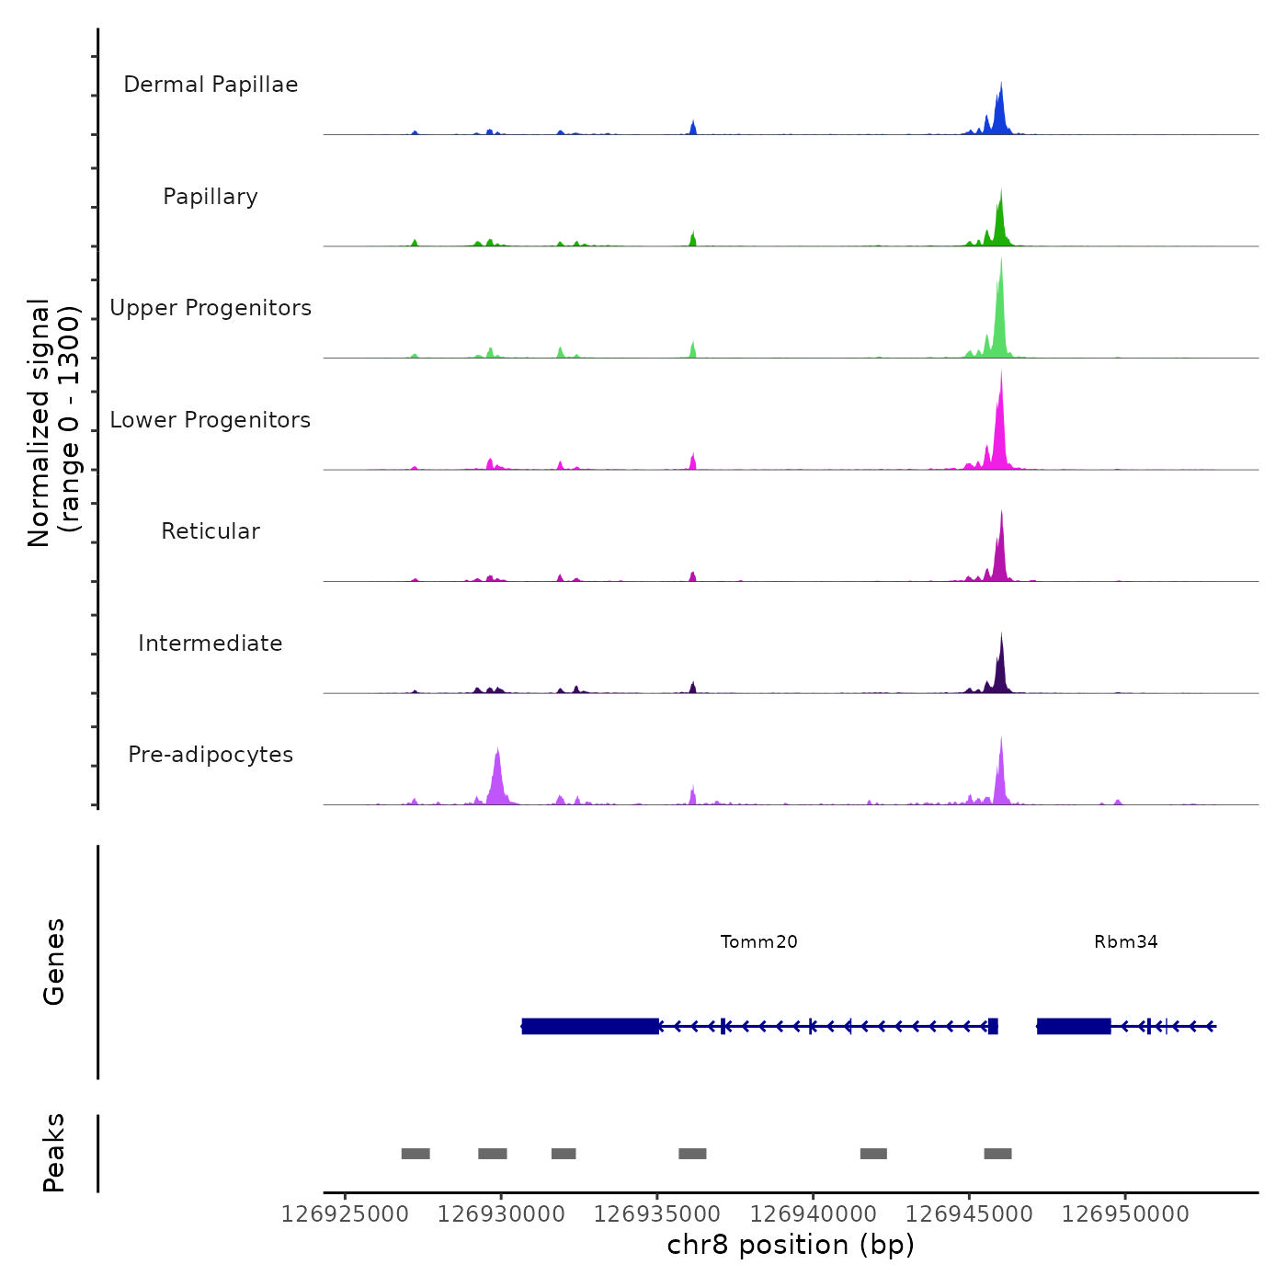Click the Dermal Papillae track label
pos(211,85)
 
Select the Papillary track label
pos(211,197)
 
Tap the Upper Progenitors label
pos(211,308)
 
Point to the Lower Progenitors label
pos(211,420)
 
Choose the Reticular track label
pos(211,531)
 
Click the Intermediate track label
pos(211,643)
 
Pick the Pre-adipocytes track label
pos(211,755)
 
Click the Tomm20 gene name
pos(758,941)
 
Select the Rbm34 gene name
pos(1125,941)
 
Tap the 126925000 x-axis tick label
pos(345,1214)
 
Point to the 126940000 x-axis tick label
pos(813,1214)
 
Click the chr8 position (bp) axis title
pos(791,1245)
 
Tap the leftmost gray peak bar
pos(416,1154)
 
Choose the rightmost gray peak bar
pos(997,1154)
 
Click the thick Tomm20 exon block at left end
pos(589,1026)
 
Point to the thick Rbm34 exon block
pos(1074,1026)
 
